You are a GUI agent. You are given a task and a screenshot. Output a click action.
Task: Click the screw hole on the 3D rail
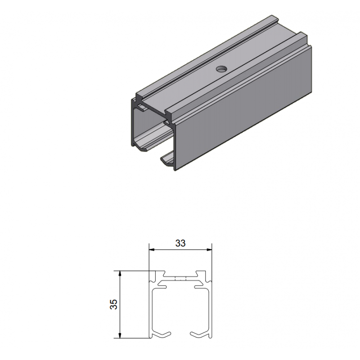(x=221, y=69)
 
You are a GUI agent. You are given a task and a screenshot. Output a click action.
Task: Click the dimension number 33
(x=180, y=243)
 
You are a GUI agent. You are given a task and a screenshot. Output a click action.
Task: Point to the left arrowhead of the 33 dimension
(x=152, y=249)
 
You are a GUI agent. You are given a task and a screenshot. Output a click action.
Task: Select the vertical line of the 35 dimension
(x=120, y=315)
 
